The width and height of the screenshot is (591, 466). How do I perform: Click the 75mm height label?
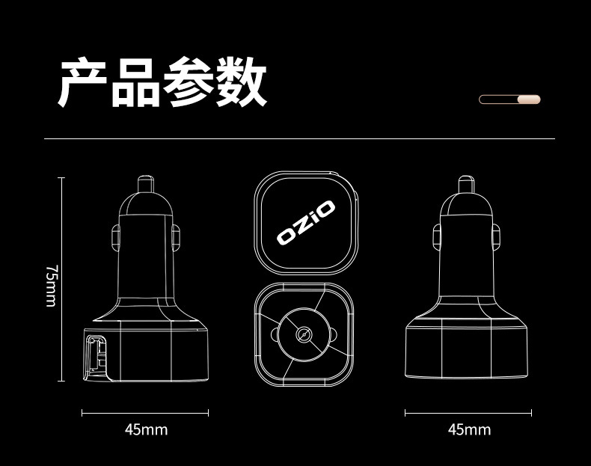50,285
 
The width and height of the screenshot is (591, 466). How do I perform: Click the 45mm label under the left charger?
146,429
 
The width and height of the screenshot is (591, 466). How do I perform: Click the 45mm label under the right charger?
469,429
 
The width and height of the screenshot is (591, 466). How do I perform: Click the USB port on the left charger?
95,356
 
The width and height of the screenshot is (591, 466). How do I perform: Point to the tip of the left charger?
146,182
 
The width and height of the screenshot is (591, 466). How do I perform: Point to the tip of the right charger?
465,182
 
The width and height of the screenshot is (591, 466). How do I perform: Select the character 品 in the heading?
135,83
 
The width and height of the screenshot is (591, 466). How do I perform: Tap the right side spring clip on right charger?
496,237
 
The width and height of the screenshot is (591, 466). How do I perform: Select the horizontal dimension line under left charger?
145,412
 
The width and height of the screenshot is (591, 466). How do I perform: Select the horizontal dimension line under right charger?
468,412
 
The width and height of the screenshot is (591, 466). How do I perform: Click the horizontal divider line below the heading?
299,139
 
